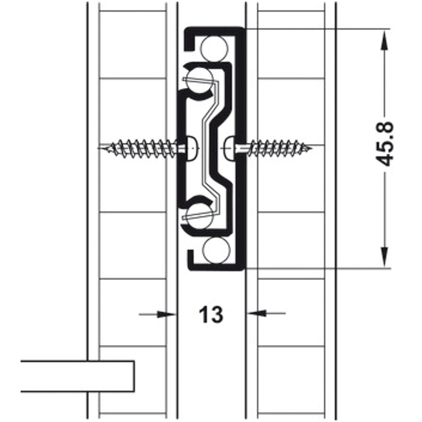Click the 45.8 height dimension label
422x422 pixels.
385,144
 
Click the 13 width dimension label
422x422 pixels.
211,314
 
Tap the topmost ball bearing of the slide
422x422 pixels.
214,49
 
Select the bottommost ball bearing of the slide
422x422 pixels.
216,250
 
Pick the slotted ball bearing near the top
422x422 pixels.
200,80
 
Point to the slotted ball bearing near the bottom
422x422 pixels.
200,216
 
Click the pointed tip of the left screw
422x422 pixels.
99,148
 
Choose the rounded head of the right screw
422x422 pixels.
230,148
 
